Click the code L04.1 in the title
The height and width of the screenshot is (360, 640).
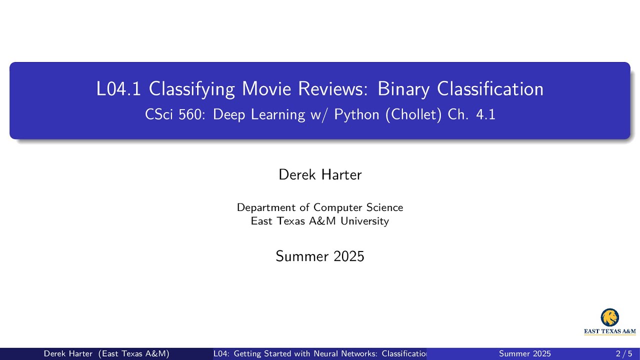click(119, 89)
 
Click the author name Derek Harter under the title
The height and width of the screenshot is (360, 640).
click(320, 174)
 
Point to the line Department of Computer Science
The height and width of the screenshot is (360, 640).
click(320, 207)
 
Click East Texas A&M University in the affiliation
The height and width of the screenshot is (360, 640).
click(320, 221)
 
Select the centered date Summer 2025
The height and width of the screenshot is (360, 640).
click(320, 256)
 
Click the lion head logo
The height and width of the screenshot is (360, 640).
click(609, 317)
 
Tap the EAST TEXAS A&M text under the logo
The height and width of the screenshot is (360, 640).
click(609, 331)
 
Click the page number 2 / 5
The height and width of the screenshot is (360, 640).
click(624, 354)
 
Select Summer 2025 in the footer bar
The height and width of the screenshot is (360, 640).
click(525, 354)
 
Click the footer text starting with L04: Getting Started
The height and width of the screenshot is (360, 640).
click(320, 354)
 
